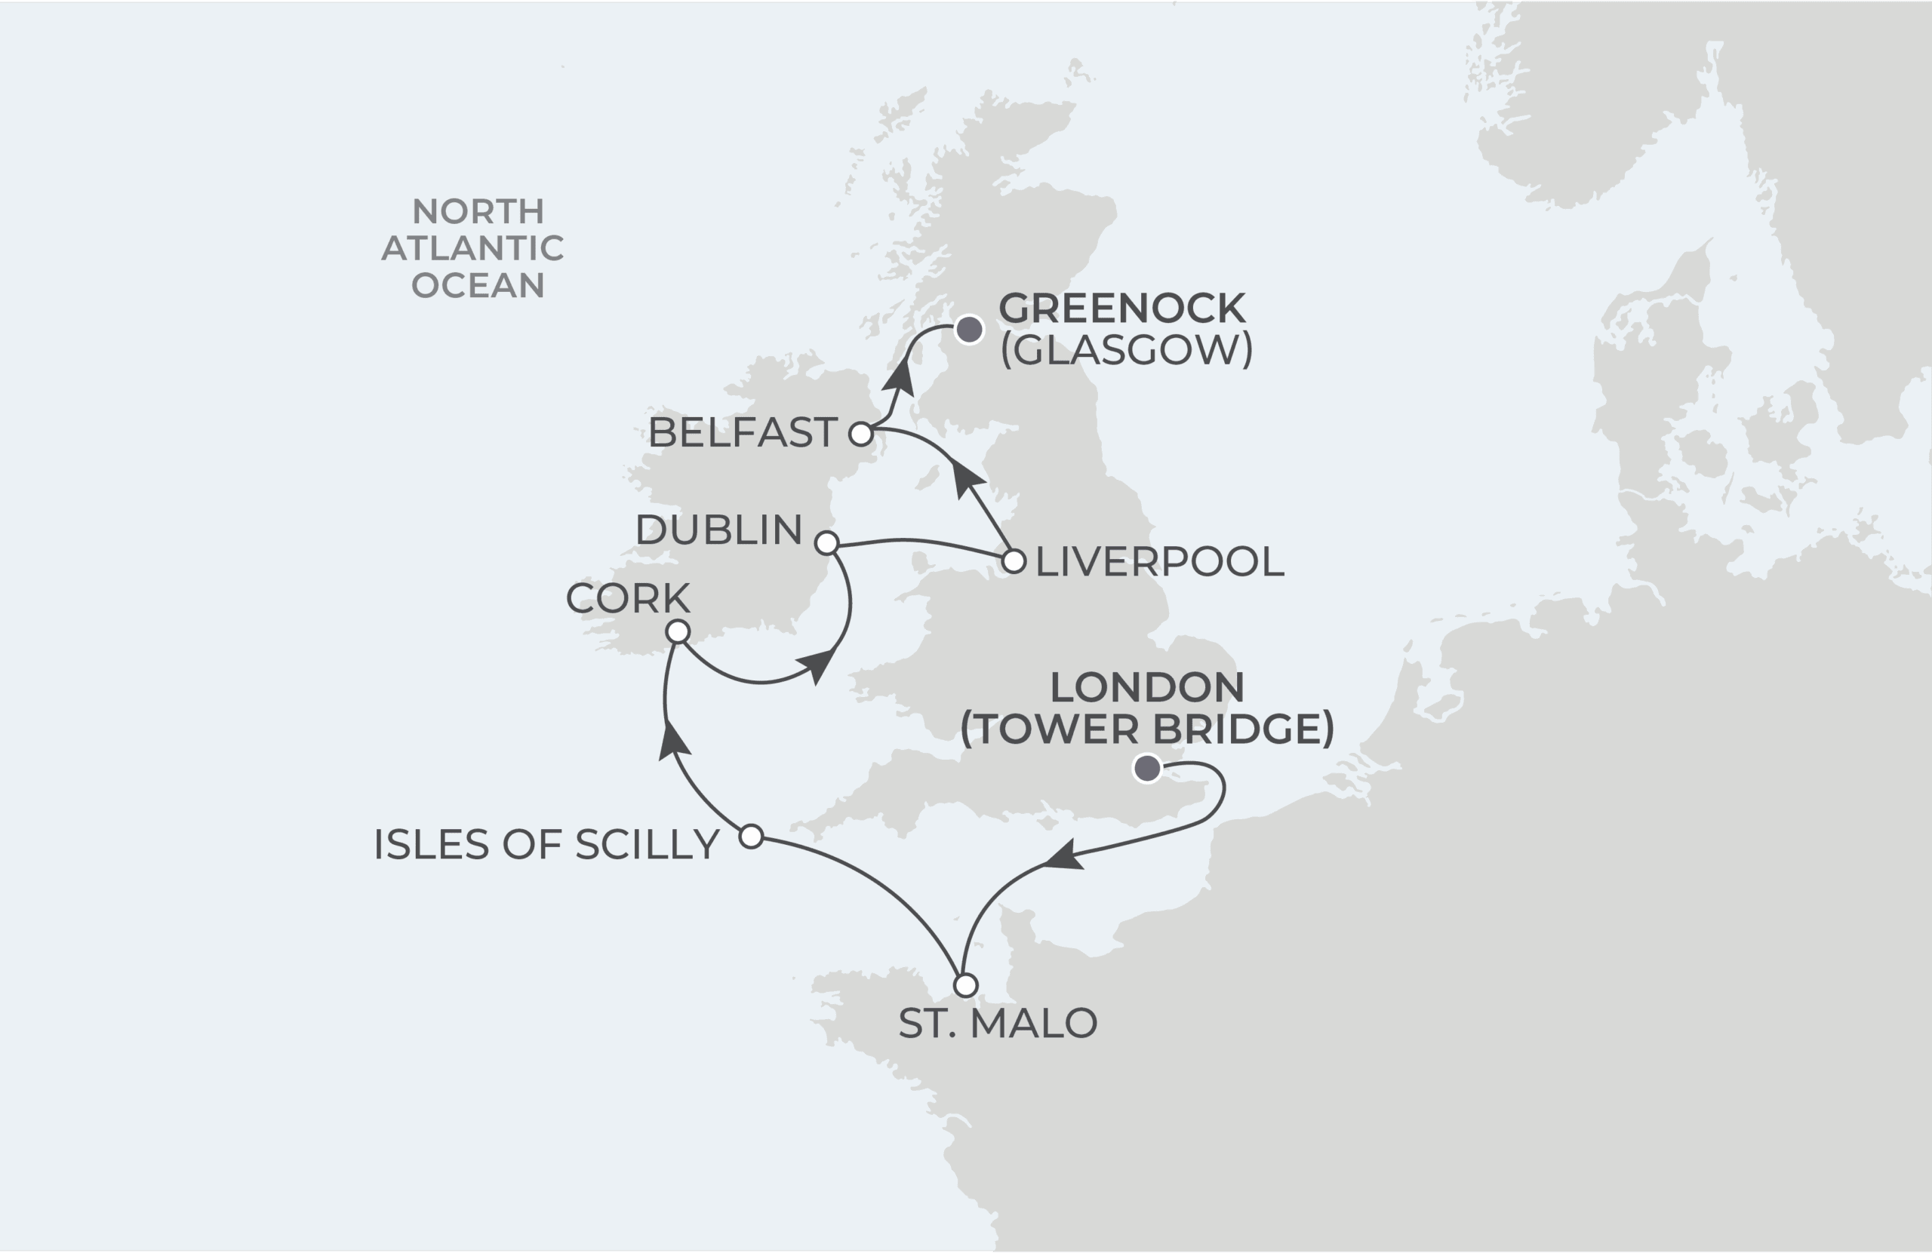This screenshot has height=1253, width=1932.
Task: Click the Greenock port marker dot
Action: coord(968,330)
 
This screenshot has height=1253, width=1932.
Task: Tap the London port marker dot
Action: coord(1147,768)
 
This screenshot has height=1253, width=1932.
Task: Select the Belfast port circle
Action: coord(860,435)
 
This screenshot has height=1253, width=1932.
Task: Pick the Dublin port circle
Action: coord(826,543)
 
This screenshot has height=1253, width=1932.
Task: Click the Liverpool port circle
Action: coord(1014,560)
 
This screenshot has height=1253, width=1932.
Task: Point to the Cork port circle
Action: coord(678,631)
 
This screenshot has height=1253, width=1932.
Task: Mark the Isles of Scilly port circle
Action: coord(752,836)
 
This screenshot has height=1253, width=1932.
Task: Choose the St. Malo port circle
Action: coord(965,986)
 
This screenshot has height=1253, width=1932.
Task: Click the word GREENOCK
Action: coord(1122,309)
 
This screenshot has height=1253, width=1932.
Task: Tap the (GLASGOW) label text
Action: coord(1127,350)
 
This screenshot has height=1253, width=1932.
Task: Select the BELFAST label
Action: coord(742,432)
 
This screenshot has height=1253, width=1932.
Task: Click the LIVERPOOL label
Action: coord(1160,561)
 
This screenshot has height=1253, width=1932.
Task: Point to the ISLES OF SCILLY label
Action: coord(546,845)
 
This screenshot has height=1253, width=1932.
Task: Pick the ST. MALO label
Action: coord(998,1024)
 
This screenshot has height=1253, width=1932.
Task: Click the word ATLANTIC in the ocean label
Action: coord(473,248)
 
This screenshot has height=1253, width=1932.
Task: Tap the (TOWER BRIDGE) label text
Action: coord(1147,729)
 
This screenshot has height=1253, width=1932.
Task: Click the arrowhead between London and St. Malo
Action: coord(1063,857)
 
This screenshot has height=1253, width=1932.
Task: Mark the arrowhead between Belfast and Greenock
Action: coord(899,376)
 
